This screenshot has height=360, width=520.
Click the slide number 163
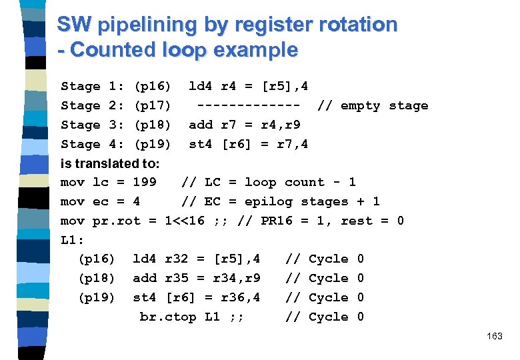pos(495,337)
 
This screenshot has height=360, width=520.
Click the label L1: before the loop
pos(71,239)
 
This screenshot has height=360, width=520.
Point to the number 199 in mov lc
pos(145,182)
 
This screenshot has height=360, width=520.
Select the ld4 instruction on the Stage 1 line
pos(201,86)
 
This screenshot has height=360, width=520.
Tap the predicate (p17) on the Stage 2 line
pos(153,105)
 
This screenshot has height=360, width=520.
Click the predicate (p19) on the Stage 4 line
pos(153,144)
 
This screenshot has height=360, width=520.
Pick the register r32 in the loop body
pos(177,259)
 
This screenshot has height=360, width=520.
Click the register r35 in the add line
pos(177,278)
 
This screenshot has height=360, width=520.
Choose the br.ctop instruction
pos(168,317)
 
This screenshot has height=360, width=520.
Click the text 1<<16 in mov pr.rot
pos(185,221)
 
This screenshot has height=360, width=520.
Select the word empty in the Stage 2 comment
pos(360,105)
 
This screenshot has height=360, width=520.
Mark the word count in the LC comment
pos(304,182)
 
